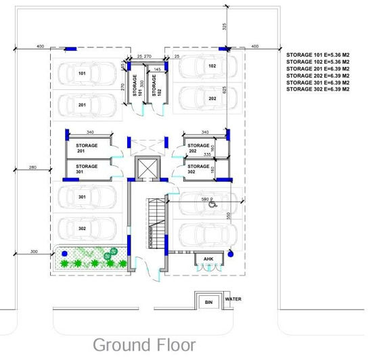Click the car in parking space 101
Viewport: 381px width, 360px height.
coord(88,73)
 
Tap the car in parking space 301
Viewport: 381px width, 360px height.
coord(88,197)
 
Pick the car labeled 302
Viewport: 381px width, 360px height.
coord(88,229)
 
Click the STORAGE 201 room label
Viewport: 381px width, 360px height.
coord(87,148)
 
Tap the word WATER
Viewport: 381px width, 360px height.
coord(233,298)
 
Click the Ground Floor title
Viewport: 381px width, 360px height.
coord(143,344)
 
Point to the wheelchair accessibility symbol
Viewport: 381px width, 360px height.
coord(212,202)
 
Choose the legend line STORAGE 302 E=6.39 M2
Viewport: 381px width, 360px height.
coord(317,89)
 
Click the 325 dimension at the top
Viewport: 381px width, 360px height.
coord(224,26)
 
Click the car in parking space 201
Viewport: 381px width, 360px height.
coord(88,105)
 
